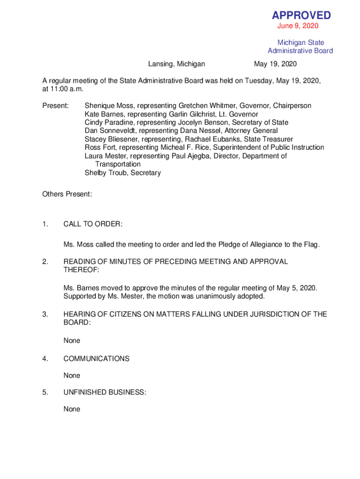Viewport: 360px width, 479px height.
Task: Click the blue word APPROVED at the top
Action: tap(301, 15)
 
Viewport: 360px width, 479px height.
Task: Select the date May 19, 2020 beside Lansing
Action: tap(275, 64)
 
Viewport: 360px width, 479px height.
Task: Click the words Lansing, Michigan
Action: tap(177, 64)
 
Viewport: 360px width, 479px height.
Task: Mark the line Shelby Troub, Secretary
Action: tap(122, 173)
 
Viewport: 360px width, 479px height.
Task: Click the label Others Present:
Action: tap(67, 194)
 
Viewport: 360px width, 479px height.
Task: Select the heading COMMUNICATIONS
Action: tap(96, 359)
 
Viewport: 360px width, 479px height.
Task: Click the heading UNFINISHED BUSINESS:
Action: tap(105, 393)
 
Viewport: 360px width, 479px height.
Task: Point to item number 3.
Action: tap(45, 314)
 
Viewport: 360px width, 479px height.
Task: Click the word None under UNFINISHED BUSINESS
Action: tap(72, 409)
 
